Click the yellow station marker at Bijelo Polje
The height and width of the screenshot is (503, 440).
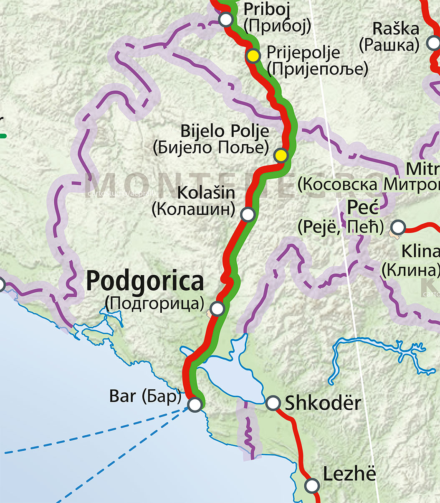tap(281, 155)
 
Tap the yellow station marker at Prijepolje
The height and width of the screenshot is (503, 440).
tap(253, 56)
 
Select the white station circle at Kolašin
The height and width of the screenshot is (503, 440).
tap(248, 214)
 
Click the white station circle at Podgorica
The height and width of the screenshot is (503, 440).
tap(217, 309)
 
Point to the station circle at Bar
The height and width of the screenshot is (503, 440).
tap(195, 404)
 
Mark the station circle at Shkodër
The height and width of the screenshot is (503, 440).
tap(273, 403)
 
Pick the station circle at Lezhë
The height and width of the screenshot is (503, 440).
tap(311, 485)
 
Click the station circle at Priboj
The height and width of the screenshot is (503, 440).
tap(225, 19)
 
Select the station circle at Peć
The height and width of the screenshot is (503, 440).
tap(398, 227)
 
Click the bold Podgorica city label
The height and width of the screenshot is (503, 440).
tap(145, 282)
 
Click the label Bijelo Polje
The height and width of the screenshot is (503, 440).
tap(225, 132)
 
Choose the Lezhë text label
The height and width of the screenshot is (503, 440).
tap(349, 475)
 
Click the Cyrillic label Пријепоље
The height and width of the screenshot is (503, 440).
tap(318, 69)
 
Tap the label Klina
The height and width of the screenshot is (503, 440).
tap(420, 252)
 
